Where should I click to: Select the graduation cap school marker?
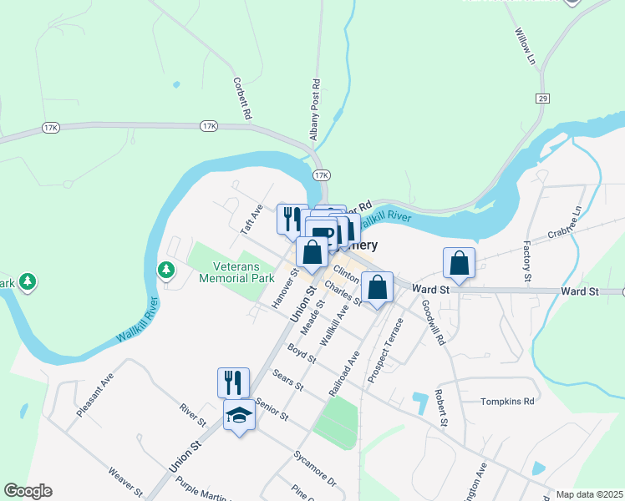point(240,415)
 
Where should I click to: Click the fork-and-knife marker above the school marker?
point(233,382)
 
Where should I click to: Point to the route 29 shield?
point(543,99)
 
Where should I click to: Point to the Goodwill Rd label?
point(434,322)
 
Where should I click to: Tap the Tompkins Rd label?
point(506,402)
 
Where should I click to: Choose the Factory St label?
point(526,261)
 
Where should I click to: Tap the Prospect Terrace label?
point(386,342)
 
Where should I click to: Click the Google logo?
point(28,491)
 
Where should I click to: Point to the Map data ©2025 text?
point(590,494)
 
